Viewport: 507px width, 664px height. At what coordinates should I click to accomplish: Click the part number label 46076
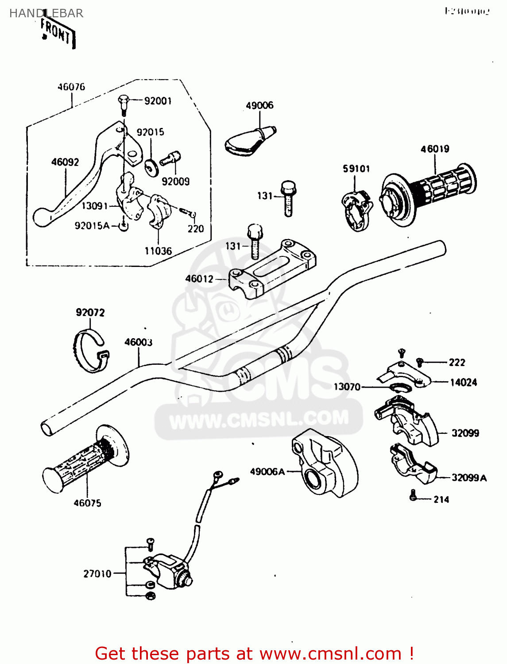click(x=71, y=87)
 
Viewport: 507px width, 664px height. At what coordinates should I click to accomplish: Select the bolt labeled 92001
click(x=124, y=103)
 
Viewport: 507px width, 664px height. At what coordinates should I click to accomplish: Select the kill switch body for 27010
click(x=166, y=571)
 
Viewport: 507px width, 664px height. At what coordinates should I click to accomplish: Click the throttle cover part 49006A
click(x=323, y=463)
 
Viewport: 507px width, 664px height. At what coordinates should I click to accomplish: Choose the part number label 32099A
click(x=469, y=478)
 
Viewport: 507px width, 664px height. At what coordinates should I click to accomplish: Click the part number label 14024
click(x=464, y=382)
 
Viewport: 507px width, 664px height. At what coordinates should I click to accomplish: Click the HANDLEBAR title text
click(x=46, y=13)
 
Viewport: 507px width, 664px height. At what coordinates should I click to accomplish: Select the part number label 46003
click(x=138, y=342)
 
